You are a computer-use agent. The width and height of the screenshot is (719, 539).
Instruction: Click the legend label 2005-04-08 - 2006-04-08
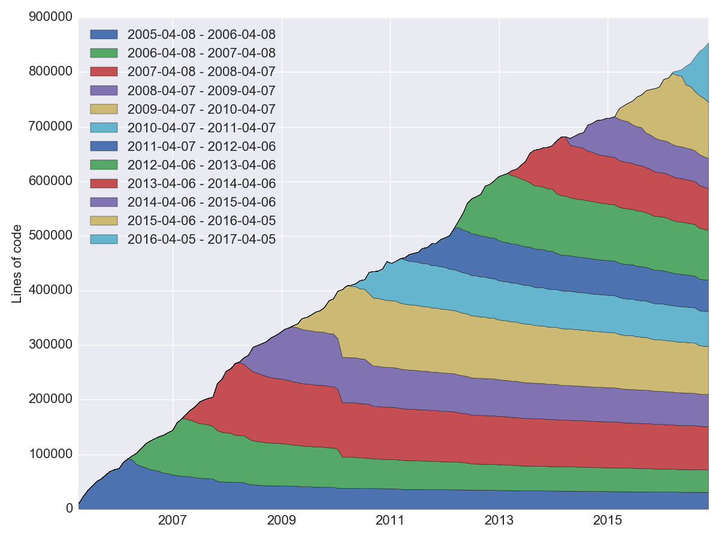(201, 34)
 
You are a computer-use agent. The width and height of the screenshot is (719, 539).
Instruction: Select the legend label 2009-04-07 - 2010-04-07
(201, 110)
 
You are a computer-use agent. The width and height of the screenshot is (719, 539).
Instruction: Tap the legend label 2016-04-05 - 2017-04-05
(201, 240)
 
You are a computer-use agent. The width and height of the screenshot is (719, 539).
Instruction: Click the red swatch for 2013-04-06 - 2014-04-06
(104, 183)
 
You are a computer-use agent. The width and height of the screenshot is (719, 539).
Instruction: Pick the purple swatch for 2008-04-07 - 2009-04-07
(104, 90)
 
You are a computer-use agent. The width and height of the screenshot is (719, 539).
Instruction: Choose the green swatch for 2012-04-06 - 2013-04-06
(104, 165)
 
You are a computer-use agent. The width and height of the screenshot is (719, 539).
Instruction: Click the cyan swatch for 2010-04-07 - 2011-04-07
(104, 128)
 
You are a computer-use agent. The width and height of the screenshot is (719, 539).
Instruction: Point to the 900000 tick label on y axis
(50, 17)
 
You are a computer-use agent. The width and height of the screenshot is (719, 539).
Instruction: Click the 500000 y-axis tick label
(50, 236)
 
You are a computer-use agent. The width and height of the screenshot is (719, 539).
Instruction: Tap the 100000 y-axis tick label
(50, 455)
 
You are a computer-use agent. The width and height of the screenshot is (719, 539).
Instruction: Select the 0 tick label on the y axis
(68, 509)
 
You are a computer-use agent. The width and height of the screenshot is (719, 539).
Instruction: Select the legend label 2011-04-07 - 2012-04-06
(201, 146)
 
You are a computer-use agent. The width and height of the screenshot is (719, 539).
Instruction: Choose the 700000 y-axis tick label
(50, 127)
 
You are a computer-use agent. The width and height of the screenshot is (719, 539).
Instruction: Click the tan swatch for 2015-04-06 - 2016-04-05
(104, 220)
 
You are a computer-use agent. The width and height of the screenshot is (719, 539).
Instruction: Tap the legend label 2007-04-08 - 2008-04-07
(201, 72)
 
